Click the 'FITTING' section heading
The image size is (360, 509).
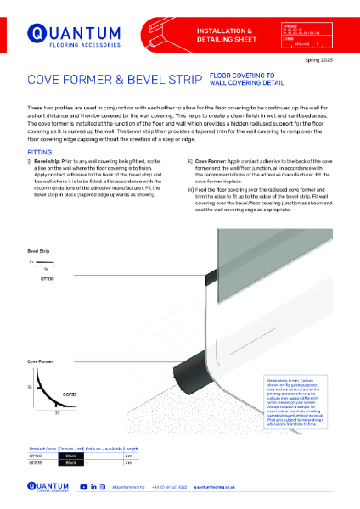tap(39, 127)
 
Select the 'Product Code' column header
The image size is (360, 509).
tap(43, 449)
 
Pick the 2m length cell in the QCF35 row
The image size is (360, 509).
tap(128, 463)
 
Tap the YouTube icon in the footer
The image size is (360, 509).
tap(82, 488)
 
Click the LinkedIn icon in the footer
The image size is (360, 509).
tap(93, 488)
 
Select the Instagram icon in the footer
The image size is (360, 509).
tap(103, 488)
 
